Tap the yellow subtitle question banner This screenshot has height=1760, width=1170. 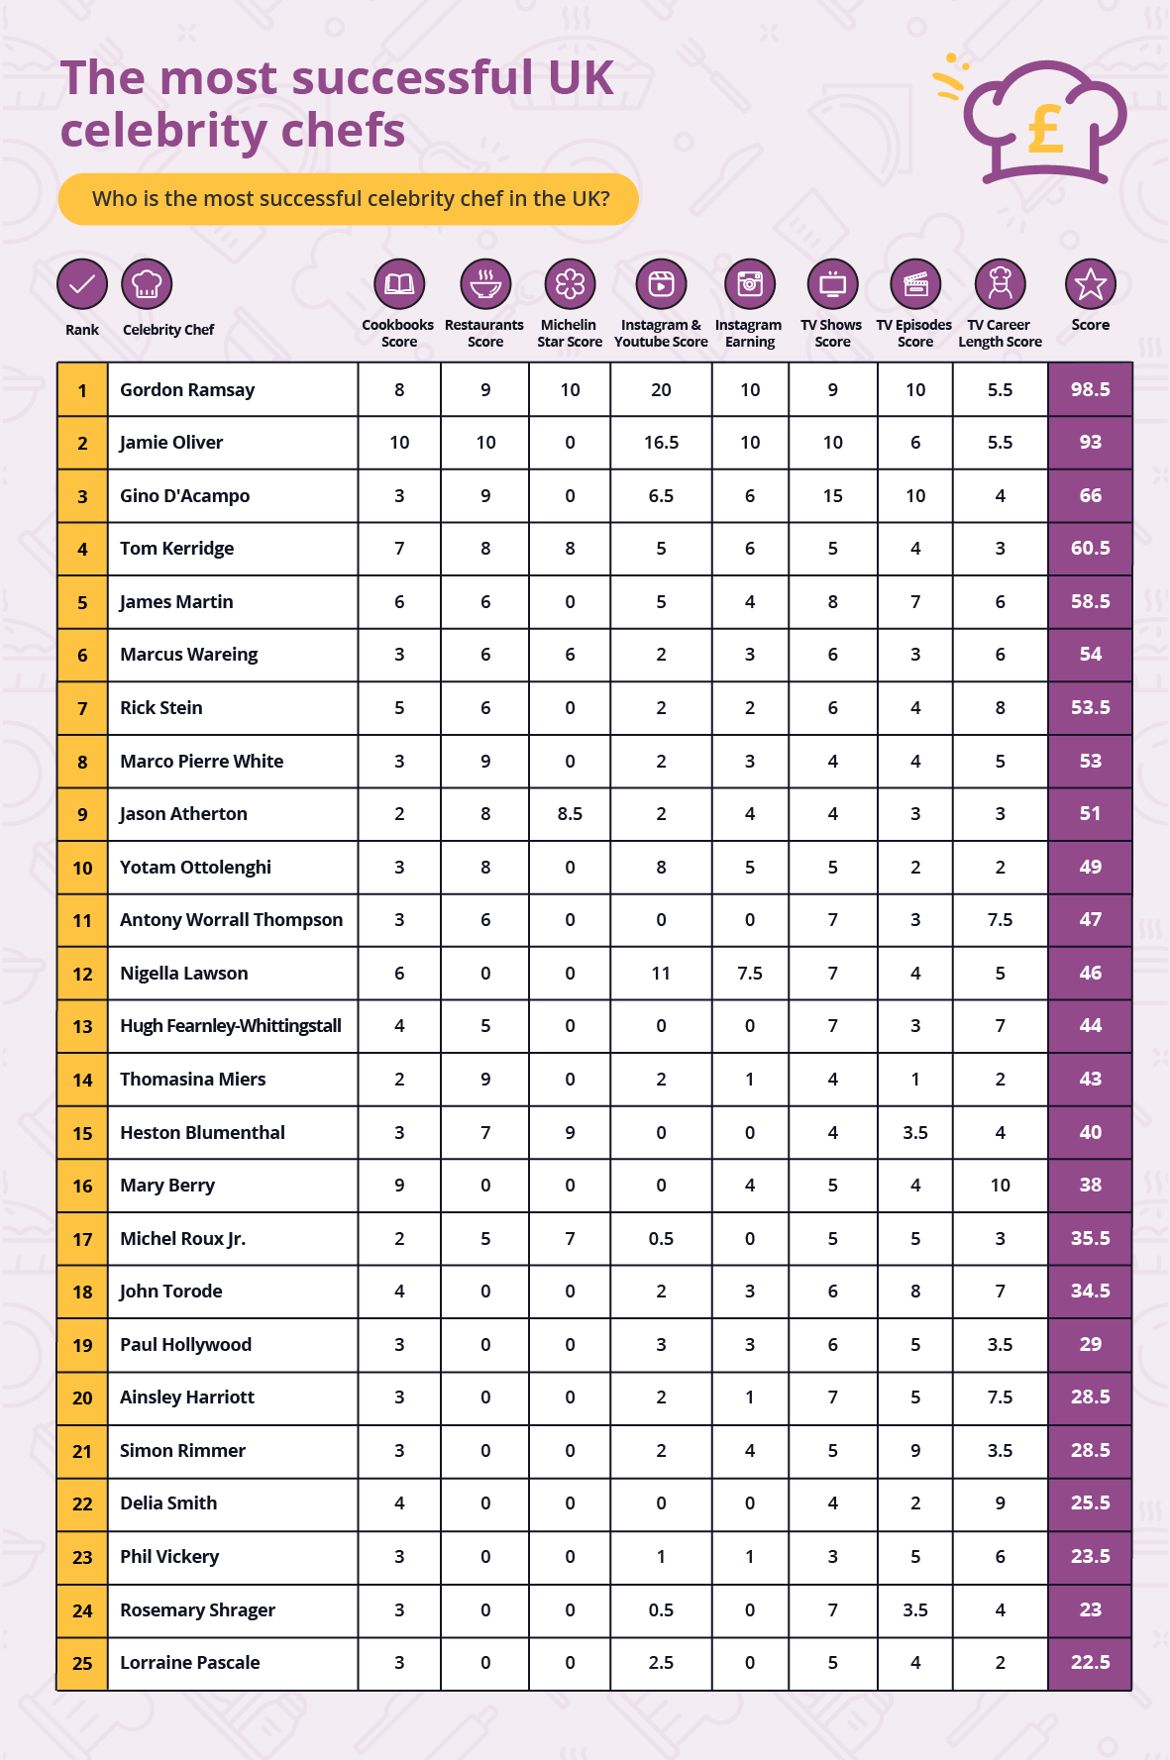click(x=349, y=199)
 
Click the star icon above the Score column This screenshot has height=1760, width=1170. click(x=1090, y=284)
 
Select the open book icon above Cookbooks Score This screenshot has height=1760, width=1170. click(x=399, y=284)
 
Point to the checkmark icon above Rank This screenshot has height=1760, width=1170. click(x=82, y=284)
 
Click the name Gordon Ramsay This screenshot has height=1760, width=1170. click(x=187, y=390)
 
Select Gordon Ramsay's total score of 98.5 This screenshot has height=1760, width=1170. click(x=1090, y=390)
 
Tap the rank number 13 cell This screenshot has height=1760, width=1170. click(x=82, y=1026)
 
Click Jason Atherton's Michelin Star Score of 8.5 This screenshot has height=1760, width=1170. click(x=570, y=814)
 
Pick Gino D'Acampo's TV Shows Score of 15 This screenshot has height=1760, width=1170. click(x=832, y=496)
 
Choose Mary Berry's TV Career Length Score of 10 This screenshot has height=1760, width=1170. click(x=1000, y=1186)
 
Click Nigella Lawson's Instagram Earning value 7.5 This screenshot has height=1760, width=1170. click(x=750, y=974)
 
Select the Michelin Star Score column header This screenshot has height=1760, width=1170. click(x=570, y=334)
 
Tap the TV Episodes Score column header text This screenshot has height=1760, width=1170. click(x=914, y=334)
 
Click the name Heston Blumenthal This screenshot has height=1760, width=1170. click(x=202, y=1133)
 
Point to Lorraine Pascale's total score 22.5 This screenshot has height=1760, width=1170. click(x=1090, y=1663)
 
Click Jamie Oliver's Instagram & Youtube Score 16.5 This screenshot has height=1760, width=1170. click(x=661, y=443)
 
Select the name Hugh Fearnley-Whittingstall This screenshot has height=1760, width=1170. click(x=231, y=1026)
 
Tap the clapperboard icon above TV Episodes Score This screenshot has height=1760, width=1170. click(x=915, y=284)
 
